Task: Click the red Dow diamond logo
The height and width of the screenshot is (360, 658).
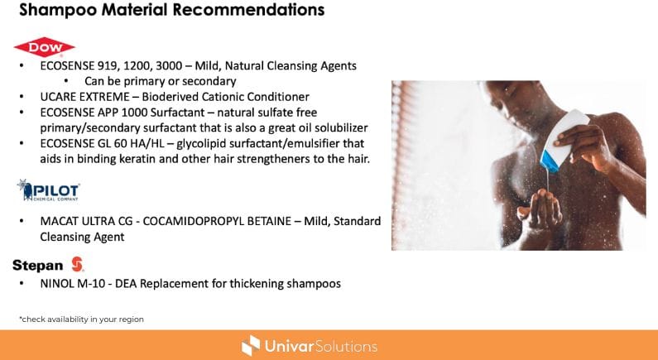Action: point(45,47)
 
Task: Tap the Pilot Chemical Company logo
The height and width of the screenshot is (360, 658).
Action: point(48,190)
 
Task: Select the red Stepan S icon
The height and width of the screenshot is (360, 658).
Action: point(77,264)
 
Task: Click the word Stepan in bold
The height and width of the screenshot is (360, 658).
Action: point(38,265)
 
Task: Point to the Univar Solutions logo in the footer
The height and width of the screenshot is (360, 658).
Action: point(310,346)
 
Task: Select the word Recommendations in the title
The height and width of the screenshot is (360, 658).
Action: point(248,9)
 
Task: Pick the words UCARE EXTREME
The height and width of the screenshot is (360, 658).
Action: point(84,97)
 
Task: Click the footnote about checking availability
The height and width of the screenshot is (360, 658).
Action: point(81,319)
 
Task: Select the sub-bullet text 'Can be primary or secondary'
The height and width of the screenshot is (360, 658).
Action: point(161,81)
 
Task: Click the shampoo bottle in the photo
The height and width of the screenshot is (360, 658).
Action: point(564,140)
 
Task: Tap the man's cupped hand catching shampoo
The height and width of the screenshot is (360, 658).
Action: point(540,209)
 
